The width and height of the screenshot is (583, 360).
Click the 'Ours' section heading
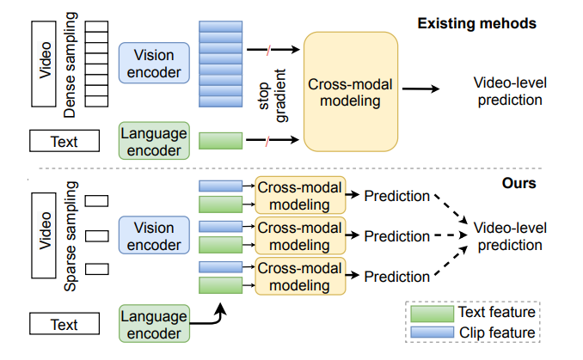click(x=519, y=183)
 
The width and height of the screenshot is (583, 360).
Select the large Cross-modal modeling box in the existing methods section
click(x=350, y=89)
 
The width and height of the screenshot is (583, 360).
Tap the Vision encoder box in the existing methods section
click(x=152, y=63)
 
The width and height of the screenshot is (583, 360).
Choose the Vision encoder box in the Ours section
click(x=152, y=236)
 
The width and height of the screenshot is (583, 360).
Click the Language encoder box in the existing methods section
click(x=152, y=141)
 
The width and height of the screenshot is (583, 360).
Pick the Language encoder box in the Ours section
click(x=152, y=325)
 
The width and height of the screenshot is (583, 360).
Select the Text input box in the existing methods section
click(x=64, y=140)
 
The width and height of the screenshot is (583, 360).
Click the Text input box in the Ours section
click(x=64, y=325)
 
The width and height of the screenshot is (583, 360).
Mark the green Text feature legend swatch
click(x=433, y=313)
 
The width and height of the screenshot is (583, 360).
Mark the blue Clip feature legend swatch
click(x=433, y=333)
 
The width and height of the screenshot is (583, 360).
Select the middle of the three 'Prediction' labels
click(x=396, y=236)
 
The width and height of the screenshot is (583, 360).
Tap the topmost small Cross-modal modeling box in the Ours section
click(x=299, y=196)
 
